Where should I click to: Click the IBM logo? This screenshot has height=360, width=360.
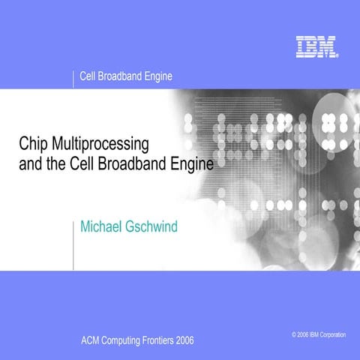click(x=316, y=48)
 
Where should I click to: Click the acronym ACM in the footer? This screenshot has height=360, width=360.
click(x=91, y=340)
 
